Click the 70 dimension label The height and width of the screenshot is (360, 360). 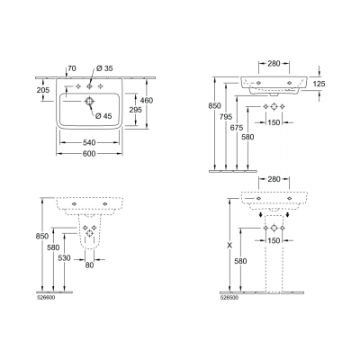coord(71,68)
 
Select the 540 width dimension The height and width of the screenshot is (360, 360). coord(89,141)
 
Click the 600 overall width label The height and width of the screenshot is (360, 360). coord(89,152)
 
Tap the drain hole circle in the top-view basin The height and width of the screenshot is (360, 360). coord(90,103)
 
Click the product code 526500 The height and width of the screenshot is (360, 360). coord(229,292)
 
